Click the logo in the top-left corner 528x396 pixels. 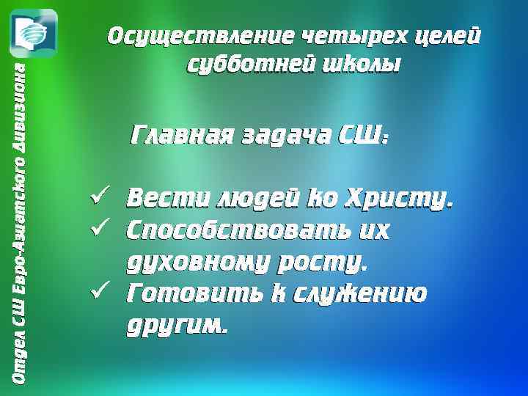[x=33, y=33]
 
